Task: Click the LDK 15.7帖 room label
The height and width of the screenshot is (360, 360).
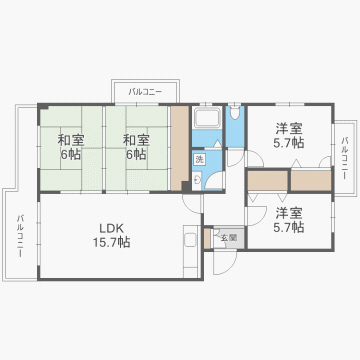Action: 111,234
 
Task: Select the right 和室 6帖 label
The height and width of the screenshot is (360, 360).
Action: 135,147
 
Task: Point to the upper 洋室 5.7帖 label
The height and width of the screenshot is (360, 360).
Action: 290,136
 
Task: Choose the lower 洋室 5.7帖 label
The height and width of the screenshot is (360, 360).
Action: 290,220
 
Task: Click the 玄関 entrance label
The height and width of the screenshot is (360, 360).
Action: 229,237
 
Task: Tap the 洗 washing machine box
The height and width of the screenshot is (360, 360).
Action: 200,160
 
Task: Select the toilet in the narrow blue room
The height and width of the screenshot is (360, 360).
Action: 234,124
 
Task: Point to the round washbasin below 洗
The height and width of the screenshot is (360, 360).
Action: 197,180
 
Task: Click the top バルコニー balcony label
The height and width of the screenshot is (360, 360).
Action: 145,92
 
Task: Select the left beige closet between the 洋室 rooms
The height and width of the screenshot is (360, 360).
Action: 268,180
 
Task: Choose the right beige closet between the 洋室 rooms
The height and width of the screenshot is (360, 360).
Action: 310,180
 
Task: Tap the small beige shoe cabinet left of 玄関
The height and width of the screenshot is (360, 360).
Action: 209,239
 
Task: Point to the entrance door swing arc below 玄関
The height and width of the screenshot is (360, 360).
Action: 228,262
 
